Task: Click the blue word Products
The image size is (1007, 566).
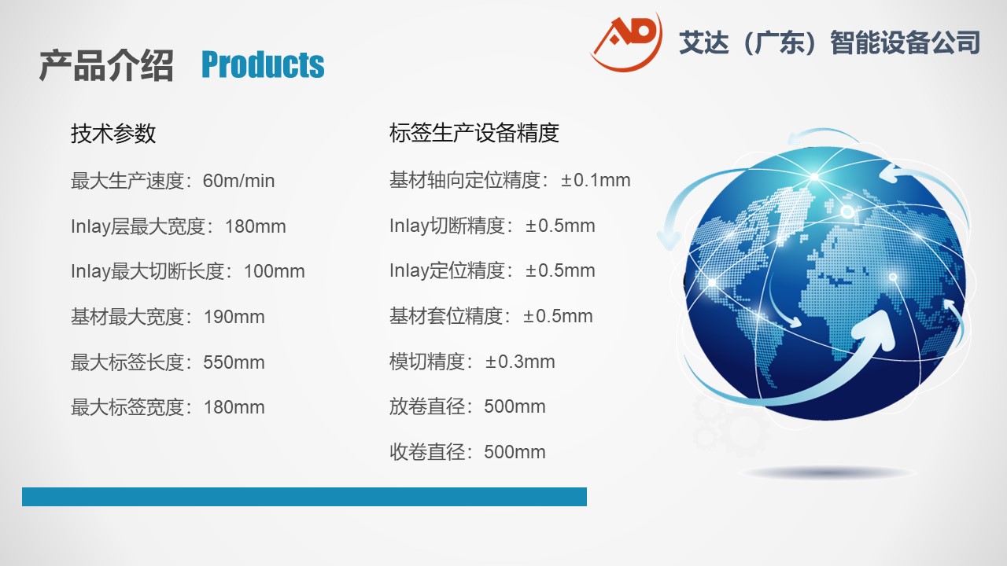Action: click(263, 64)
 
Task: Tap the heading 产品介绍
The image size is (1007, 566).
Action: click(106, 65)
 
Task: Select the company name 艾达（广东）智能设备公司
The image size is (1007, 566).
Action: click(829, 42)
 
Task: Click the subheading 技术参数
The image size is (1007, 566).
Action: click(113, 134)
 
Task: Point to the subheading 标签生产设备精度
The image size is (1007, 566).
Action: click(474, 133)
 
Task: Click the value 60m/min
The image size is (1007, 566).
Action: click(238, 181)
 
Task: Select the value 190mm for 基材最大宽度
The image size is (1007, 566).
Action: click(234, 317)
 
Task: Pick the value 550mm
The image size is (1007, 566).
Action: click(234, 362)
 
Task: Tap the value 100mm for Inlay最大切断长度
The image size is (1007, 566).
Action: click(275, 271)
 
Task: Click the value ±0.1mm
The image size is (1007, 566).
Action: click(596, 180)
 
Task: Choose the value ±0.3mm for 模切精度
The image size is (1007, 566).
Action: click(520, 362)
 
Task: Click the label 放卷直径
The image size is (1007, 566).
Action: click(427, 406)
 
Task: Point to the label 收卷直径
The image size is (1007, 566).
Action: click(427, 452)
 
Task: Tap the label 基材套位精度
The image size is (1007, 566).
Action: click(445, 316)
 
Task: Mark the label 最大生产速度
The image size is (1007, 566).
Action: click(127, 181)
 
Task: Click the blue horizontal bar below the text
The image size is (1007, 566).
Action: click(304, 497)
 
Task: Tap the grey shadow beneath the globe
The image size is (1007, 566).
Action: click(829, 472)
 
